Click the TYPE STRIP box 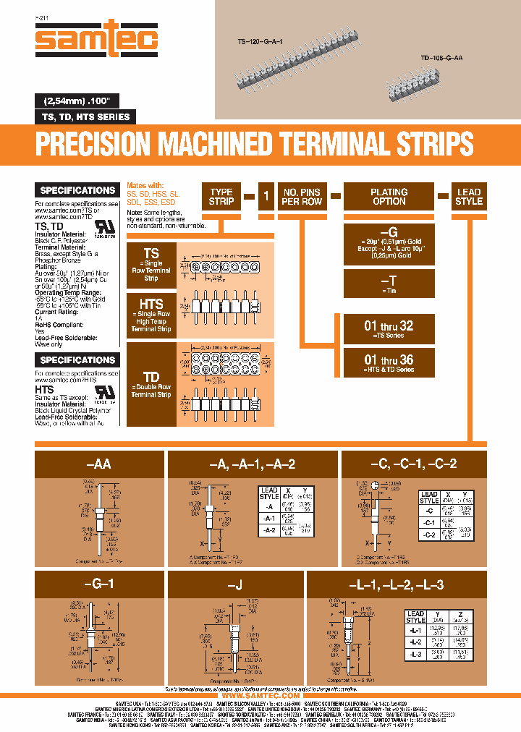221,197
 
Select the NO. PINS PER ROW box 302,197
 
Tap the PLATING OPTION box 389,197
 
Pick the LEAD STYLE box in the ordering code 468,197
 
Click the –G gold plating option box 389,243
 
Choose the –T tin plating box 389,283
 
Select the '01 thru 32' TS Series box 389,329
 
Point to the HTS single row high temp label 151,314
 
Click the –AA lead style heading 98,464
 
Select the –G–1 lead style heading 98,584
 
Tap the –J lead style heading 235,584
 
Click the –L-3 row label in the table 415,653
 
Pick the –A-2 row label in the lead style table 269,529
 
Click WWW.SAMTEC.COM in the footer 260,695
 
